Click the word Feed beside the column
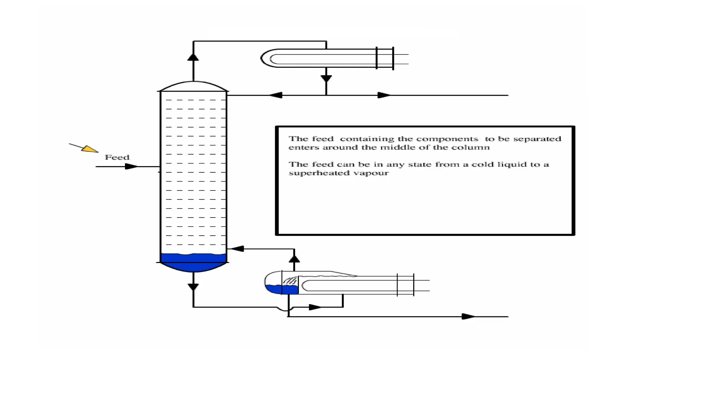point(117,157)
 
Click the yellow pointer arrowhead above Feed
point(90,149)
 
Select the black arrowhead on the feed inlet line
point(131,167)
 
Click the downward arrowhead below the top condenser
point(326,79)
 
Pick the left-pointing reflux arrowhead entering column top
point(276,95)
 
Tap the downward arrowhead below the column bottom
point(193,287)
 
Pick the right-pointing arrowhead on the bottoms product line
point(468,316)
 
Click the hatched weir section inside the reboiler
point(290,281)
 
